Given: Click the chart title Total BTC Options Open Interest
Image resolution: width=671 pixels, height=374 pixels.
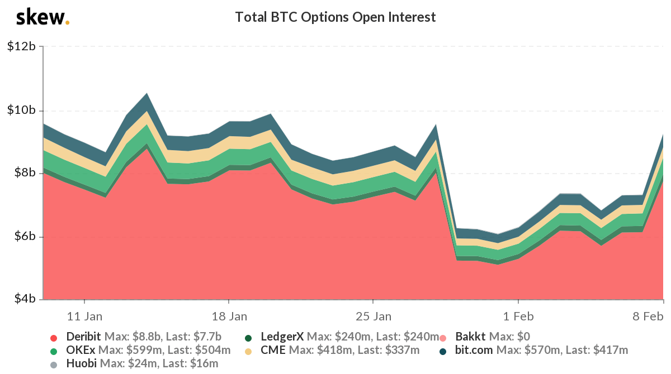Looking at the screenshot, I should [335, 17].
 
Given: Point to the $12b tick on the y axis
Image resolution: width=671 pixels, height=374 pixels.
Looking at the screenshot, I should [22, 47].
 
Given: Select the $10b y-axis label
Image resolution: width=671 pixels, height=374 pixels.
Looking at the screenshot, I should [22, 110].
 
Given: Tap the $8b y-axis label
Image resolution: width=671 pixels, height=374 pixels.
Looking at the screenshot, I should [25, 173].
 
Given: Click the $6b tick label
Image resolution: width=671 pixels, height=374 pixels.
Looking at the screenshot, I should [25, 236].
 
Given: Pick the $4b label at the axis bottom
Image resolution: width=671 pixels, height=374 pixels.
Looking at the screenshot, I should [25, 299].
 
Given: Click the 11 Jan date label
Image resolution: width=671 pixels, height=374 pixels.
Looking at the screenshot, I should [84, 317].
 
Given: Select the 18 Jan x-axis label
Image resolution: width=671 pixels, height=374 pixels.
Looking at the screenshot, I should [229, 317].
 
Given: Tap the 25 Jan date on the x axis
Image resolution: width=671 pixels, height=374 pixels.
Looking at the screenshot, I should [374, 317].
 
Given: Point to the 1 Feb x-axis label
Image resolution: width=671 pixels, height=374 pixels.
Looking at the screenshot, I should [518, 317].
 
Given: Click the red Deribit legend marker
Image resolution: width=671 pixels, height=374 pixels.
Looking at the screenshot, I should [54, 337].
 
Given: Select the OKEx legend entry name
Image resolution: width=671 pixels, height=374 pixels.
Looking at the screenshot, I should [81, 351].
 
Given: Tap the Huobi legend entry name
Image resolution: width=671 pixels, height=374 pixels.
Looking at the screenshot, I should [82, 364].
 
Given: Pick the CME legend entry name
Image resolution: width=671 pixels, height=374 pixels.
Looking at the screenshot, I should [273, 351].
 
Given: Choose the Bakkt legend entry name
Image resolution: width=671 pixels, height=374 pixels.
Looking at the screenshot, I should [471, 337].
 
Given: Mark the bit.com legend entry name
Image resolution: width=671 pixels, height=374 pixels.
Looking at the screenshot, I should [475, 351].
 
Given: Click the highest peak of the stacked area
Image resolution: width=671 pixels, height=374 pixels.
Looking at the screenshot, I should [147, 94].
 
